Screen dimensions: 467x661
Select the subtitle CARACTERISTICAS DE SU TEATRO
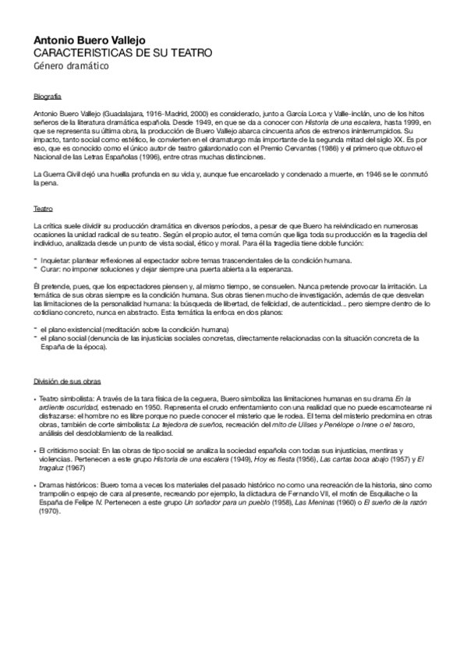pyautogui.click(x=112, y=52)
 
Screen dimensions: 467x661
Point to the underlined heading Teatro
pyautogui.click(x=43, y=209)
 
